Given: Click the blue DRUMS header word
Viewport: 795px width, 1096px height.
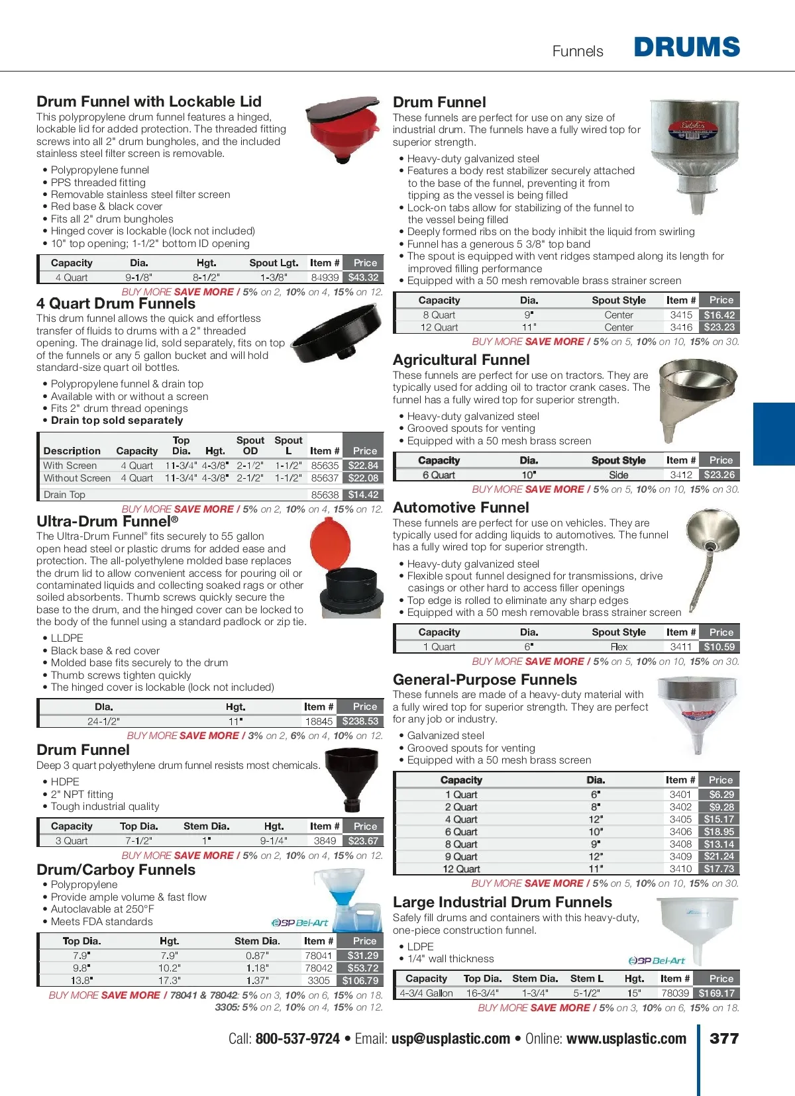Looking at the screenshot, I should pos(686,47).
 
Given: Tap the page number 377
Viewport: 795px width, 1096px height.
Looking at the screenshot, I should pos(724,1038).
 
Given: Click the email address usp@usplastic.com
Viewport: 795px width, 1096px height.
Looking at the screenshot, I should pos(450,1038).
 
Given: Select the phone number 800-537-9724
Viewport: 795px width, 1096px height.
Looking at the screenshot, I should pos(297,1038).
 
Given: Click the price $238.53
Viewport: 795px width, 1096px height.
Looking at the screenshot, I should pos(360,721).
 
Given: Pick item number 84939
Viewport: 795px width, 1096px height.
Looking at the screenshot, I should pos(325,277).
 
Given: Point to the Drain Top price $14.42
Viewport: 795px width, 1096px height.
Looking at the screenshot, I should pos(363,495).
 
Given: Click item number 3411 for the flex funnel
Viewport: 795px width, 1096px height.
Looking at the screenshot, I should pos(680,647).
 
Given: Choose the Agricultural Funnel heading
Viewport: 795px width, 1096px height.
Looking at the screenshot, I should pos(461,360).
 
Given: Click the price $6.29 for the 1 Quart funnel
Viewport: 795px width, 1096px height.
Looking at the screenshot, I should pos(721,795).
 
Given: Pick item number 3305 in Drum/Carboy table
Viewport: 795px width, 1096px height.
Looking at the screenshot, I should pos(319,981).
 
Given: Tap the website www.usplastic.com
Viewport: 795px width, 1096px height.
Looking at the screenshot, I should pos(626,1038).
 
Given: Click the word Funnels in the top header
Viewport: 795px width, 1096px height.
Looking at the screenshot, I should pos(578,52).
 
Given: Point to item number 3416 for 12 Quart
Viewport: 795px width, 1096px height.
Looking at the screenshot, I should pos(680,327).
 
